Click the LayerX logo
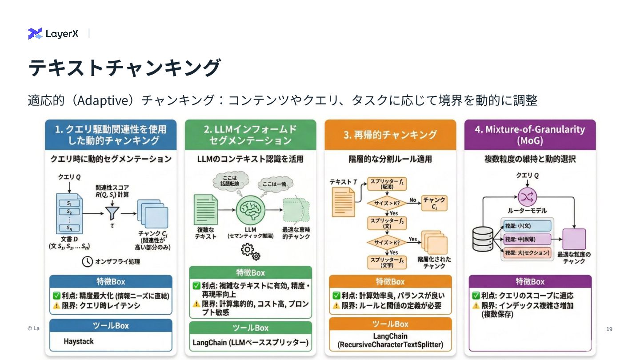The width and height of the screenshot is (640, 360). point(53,33)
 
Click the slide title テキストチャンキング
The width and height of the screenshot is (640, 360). point(124,68)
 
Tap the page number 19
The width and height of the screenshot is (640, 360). point(609,329)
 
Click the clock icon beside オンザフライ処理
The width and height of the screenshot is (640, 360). point(88,261)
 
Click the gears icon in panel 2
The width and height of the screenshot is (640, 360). point(250,252)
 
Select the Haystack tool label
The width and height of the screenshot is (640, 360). point(79,341)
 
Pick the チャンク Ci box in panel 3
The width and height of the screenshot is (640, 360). point(434,203)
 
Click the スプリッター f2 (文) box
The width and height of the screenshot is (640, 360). point(387,223)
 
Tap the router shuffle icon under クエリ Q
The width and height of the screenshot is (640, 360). point(528,196)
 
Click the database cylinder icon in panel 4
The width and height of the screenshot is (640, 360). point(483,239)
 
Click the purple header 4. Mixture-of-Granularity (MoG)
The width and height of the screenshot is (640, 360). point(529,135)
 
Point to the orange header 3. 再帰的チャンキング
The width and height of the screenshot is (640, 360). point(390,135)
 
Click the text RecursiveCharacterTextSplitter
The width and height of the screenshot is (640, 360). point(390,344)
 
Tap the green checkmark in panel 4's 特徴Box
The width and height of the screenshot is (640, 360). point(476,296)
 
